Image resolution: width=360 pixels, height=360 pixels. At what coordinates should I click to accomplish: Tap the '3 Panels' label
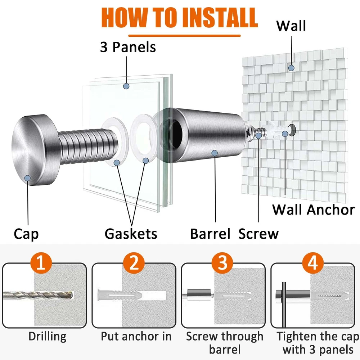pos(128,47)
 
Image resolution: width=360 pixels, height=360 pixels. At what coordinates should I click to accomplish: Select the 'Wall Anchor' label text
pos(313,210)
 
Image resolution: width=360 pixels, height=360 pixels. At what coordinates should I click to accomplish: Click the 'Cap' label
pos(26,234)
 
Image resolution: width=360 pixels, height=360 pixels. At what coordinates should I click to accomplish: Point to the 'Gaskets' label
pos(131,234)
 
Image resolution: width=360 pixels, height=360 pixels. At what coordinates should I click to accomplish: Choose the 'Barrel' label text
pos(210,234)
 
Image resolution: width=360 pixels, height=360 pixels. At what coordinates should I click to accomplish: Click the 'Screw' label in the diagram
pos(258,234)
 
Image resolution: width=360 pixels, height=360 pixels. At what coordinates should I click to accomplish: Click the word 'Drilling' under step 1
pos(48,337)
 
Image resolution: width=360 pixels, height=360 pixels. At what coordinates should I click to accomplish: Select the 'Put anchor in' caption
pos(136,337)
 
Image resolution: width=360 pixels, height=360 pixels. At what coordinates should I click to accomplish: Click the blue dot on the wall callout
pos(291,67)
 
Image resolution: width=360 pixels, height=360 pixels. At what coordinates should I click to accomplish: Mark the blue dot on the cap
pos(27,177)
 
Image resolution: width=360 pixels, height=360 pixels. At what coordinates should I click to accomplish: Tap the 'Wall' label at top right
pos(291,26)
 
